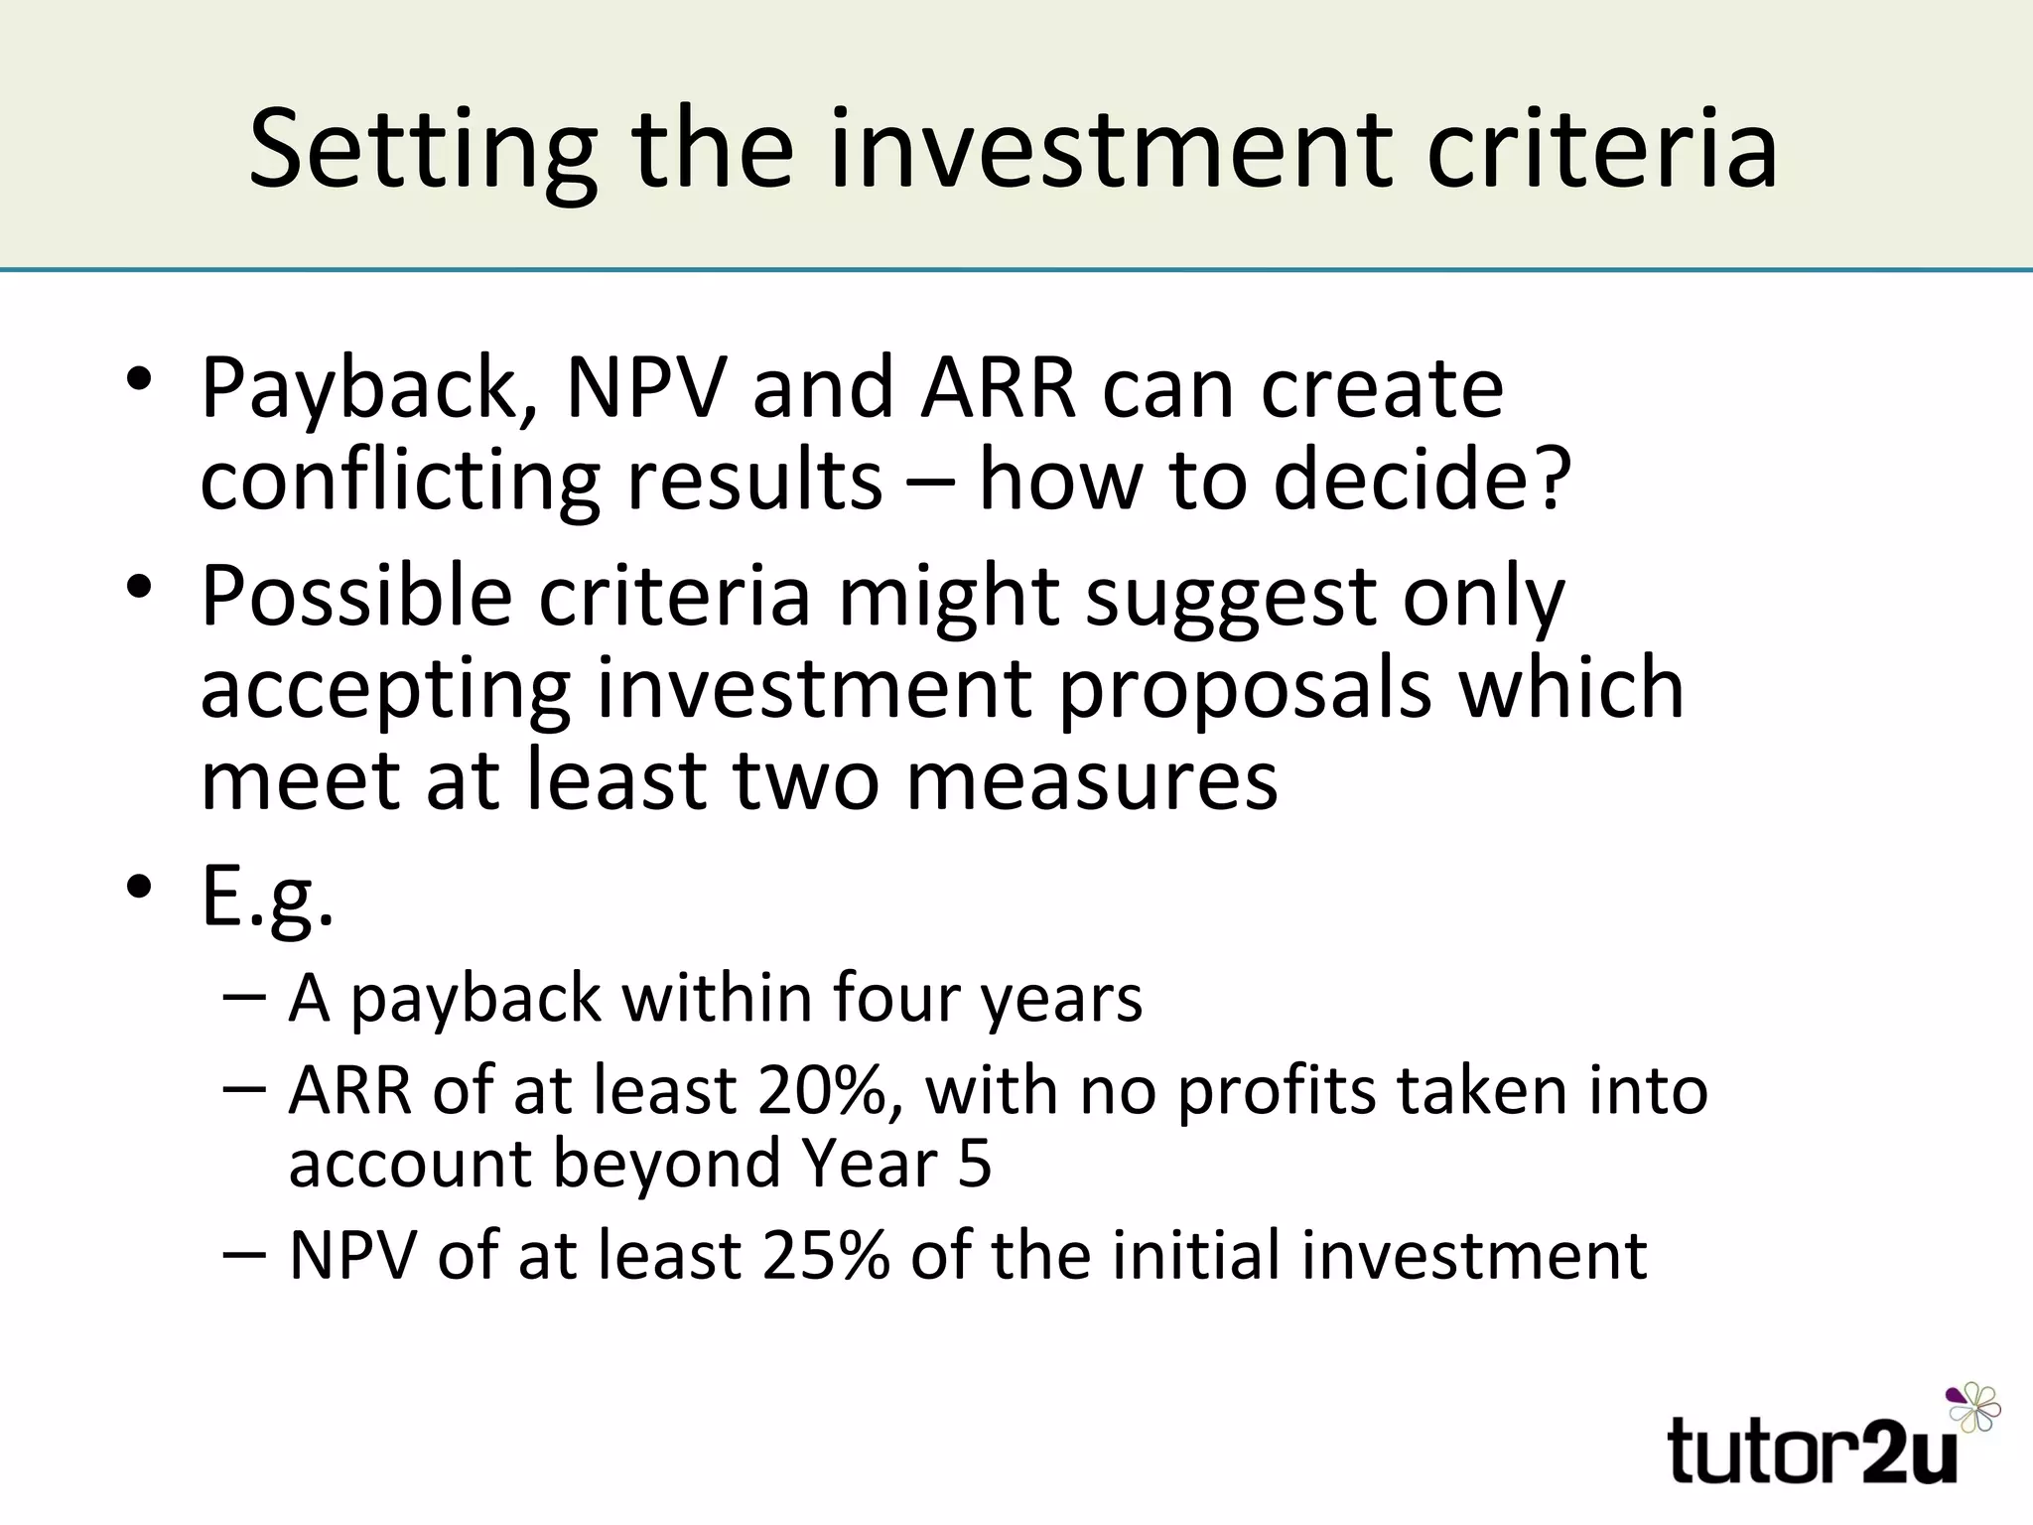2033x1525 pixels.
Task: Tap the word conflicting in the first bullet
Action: [x=399, y=481]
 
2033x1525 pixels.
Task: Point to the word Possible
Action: [x=356, y=598]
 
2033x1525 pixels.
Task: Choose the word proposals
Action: [x=1245, y=689]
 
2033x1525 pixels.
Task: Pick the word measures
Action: [x=1092, y=780]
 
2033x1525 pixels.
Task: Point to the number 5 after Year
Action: [x=974, y=1163]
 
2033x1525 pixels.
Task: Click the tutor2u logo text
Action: [x=1813, y=1451]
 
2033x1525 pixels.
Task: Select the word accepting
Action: [x=385, y=691]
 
